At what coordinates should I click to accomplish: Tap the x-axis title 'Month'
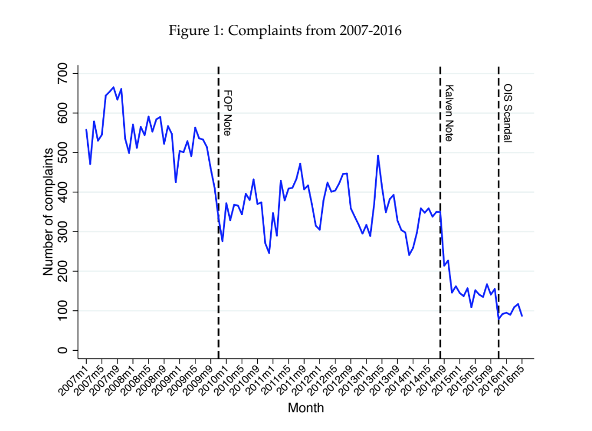[306, 408]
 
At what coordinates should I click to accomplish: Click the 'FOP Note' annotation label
[227, 113]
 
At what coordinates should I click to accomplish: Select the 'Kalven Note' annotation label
[449, 113]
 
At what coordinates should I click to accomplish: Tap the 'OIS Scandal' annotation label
[507, 113]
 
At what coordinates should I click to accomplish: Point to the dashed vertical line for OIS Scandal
[498, 215]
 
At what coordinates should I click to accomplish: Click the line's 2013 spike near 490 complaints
[378, 156]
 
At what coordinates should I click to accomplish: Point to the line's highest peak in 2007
[113, 87]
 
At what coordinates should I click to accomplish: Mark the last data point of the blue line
[522, 316]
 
